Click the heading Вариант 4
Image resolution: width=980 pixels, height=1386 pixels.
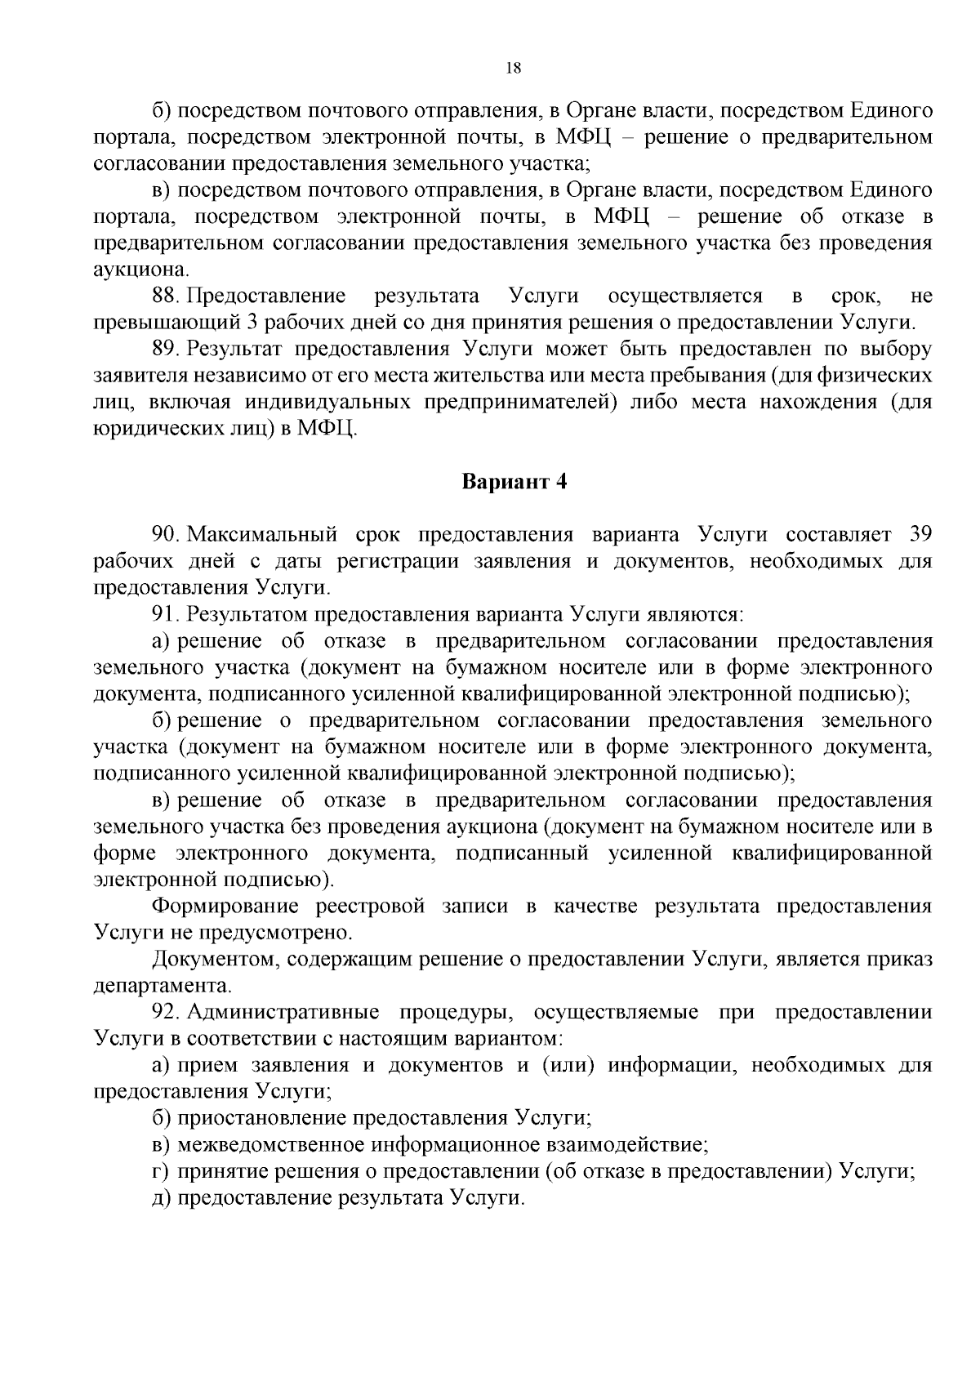coord(514,481)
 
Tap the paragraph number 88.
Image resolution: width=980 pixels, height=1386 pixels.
coord(165,296)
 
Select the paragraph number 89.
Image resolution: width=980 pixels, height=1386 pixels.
coord(165,349)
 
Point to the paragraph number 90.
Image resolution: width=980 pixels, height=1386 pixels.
coord(165,535)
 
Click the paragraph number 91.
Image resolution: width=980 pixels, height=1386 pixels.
coord(165,614)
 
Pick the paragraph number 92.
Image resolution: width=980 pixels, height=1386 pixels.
coord(165,1013)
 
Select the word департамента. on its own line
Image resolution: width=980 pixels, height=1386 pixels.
coord(163,987)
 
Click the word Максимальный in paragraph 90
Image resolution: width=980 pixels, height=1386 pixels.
coord(263,535)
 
